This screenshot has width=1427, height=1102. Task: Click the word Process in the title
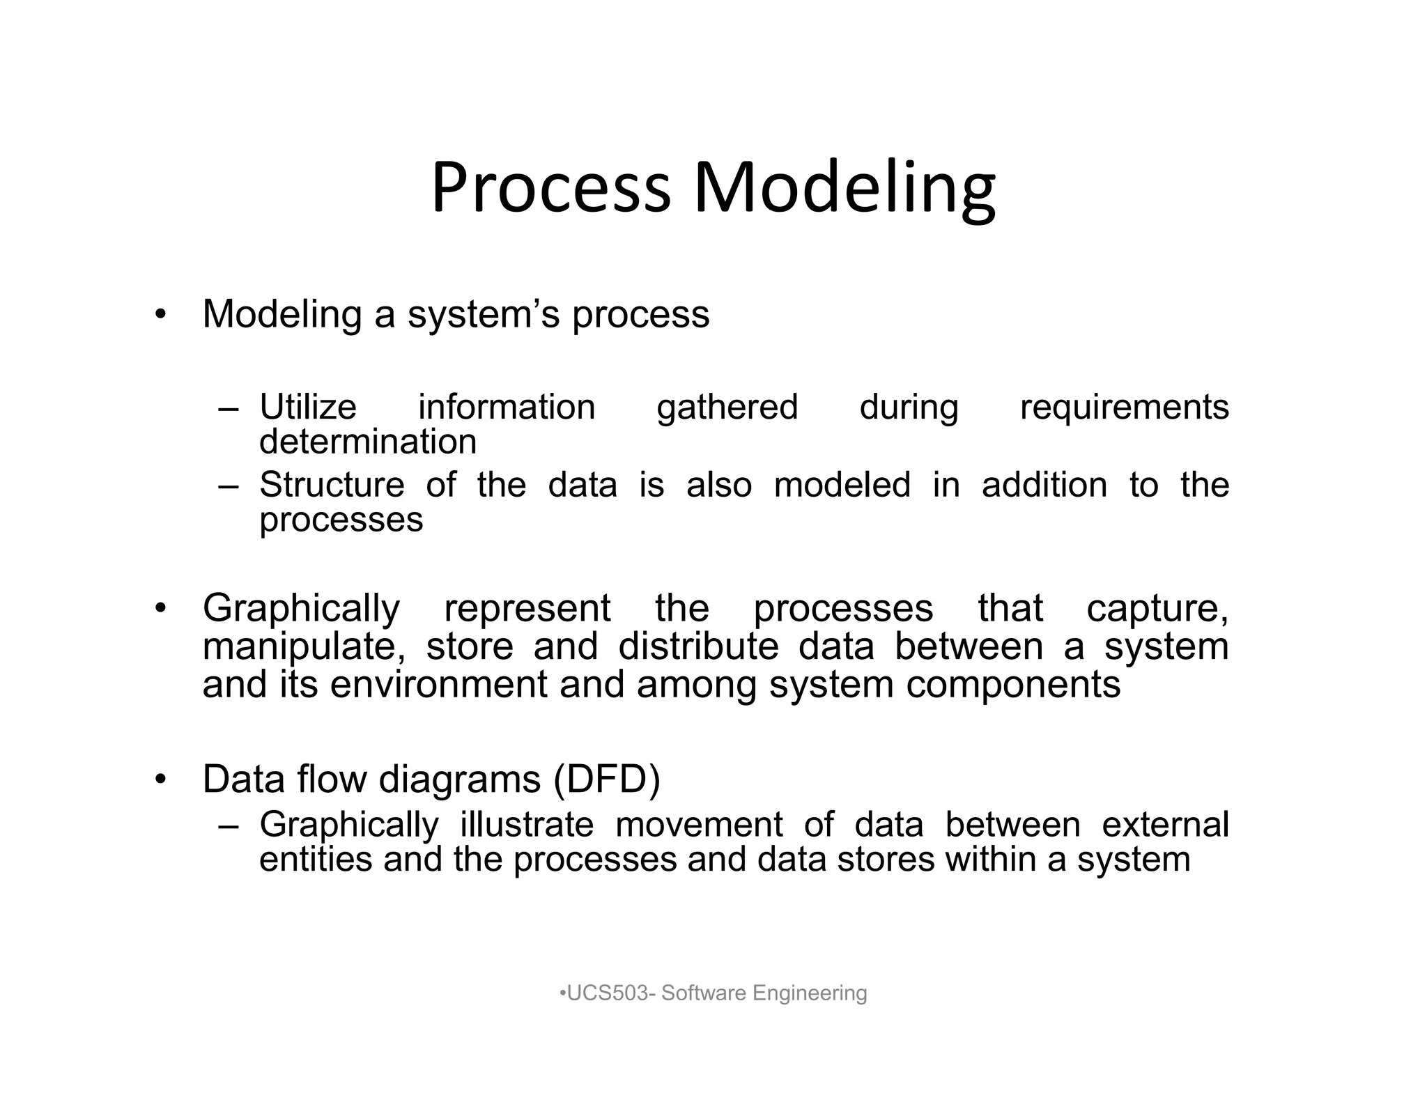pos(550,188)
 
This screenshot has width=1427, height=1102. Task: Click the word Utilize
pos(308,408)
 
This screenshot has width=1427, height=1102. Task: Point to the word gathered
pos(727,408)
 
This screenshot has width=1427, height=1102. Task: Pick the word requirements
pos(1124,408)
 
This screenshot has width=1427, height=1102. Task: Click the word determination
pos(368,442)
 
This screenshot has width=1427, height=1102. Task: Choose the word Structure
pos(332,485)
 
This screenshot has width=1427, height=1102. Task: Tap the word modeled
pos(842,485)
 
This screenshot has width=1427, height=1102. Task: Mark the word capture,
pos(1157,609)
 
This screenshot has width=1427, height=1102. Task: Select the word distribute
pos(698,646)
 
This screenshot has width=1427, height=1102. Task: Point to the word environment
pos(438,684)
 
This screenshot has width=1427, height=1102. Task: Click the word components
pos(1013,685)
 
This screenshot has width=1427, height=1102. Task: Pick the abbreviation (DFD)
pos(607,779)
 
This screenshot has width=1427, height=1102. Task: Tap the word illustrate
pos(527,825)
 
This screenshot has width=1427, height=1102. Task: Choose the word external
pos(1165,825)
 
